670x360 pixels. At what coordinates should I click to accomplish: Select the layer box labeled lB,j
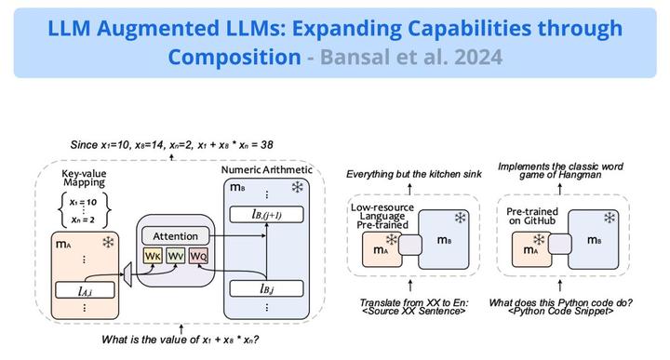(x=267, y=288)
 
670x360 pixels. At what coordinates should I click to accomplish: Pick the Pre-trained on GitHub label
(x=533, y=218)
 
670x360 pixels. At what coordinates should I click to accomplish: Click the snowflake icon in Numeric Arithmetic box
(x=297, y=187)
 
